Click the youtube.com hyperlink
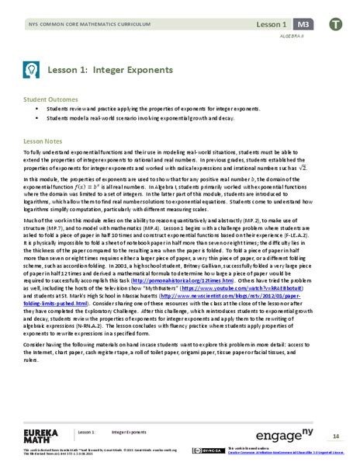pos(240,308)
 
